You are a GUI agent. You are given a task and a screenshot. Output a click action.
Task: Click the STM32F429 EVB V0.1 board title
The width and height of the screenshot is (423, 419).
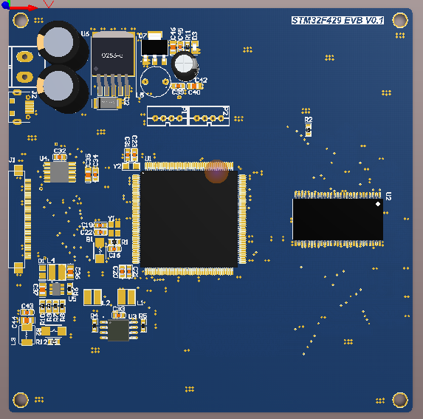click(x=337, y=21)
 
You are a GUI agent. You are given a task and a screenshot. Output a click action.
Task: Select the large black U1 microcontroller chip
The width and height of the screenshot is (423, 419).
click(x=189, y=219)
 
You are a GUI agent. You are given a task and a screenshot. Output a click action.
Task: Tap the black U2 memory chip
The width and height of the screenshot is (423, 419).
click(x=337, y=219)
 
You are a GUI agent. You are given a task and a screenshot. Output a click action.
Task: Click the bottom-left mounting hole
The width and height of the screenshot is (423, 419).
click(x=21, y=400)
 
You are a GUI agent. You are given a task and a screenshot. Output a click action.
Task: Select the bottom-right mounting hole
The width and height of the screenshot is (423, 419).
click(x=400, y=400)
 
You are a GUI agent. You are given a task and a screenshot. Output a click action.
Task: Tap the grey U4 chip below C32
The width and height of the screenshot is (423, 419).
click(x=59, y=172)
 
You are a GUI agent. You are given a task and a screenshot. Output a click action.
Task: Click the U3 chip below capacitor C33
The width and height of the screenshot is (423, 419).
click(x=118, y=330)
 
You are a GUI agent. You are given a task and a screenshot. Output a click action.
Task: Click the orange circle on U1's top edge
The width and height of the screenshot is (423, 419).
click(x=216, y=171)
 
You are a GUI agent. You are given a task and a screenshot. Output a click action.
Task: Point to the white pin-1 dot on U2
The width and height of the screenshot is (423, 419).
click(x=378, y=203)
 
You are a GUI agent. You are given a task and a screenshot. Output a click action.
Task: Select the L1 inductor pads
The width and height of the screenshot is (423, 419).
click(x=126, y=296)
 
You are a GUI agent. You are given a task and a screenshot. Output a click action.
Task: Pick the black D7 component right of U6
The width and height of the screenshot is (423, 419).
click(x=154, y=47)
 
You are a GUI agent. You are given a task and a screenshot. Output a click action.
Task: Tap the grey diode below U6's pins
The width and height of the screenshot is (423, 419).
click(x=109, y=103)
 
